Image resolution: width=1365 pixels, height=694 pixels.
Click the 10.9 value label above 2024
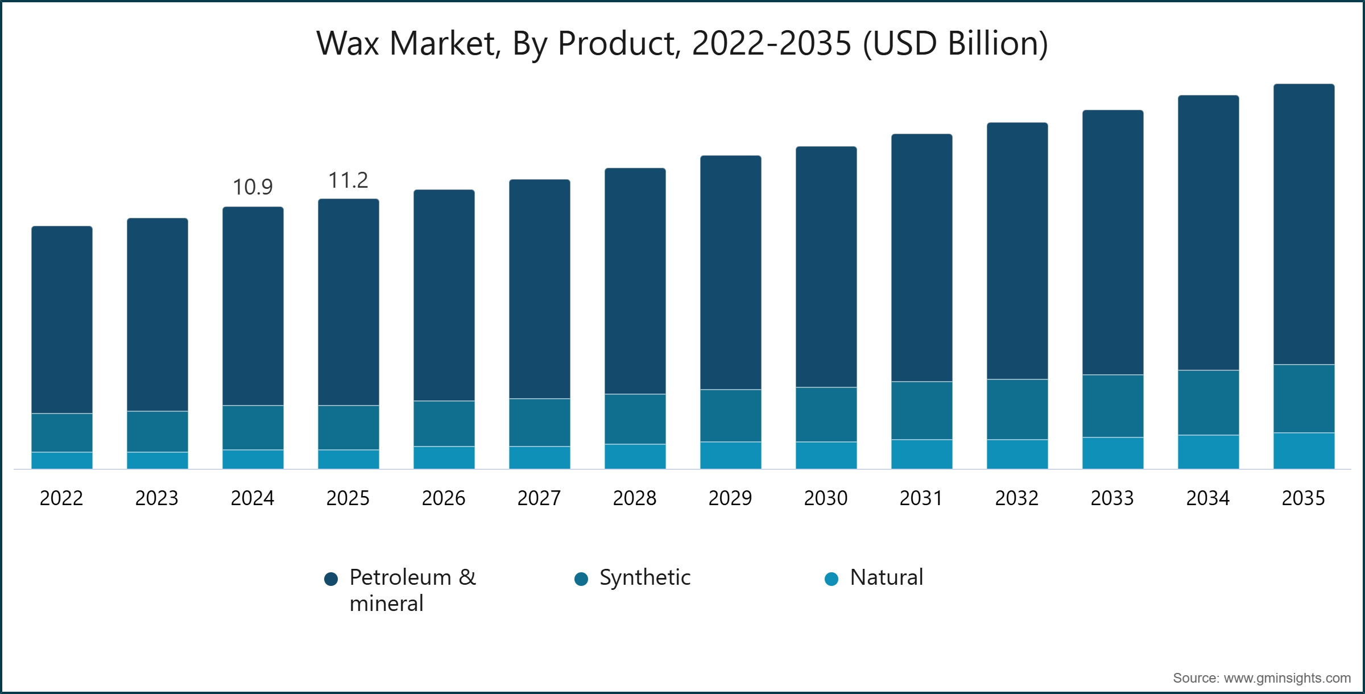pyautogui.click(x=253, y=187)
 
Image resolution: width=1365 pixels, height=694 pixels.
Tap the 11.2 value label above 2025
pyautogui.click(x=348, y=180)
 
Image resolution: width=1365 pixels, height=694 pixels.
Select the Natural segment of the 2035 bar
pyautogui.click(x=1304, y=451)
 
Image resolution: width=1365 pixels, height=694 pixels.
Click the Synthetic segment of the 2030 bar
pyautogui.click(x=826, y=414)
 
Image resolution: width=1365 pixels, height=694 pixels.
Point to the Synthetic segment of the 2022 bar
pyautogui.click(x=62, y=432)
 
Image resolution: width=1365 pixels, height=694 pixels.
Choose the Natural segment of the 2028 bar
pyautogui.click(x=635, y=456)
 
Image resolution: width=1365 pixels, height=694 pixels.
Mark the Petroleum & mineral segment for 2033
pyautogui.click(x=1112, y=242)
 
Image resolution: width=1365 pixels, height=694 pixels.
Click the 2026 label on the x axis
pyautogui.click(x=444, y=498)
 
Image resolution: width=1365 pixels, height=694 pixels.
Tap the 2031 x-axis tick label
pyautogui.click(x=921, y=498)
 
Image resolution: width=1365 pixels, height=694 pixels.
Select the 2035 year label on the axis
pyautogui.click(x=1303, y=498)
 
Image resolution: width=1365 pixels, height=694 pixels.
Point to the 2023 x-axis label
pyautogui.click(x=157, y=498)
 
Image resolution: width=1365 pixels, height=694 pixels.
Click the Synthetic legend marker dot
pyautogui.click(x=581, y=579)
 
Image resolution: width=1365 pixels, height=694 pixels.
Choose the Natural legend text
pyautogui.click(x=886, y=577)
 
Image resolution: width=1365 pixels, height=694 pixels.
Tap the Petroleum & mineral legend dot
pyautogui.click(x=331, y=579)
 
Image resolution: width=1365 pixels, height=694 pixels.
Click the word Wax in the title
pyautogui.click(x=348, y=43)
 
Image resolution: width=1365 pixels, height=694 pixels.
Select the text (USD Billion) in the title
pyautogui.click(x=955, y=43)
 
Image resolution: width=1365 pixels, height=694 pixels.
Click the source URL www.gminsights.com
pyautogui.click(x=1287, y=678)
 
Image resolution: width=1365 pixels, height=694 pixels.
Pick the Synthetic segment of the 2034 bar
pyautogui.click(x=1208, y=403)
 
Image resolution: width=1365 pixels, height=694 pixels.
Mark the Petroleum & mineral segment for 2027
pyautogui.click(x=539, y=289)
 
